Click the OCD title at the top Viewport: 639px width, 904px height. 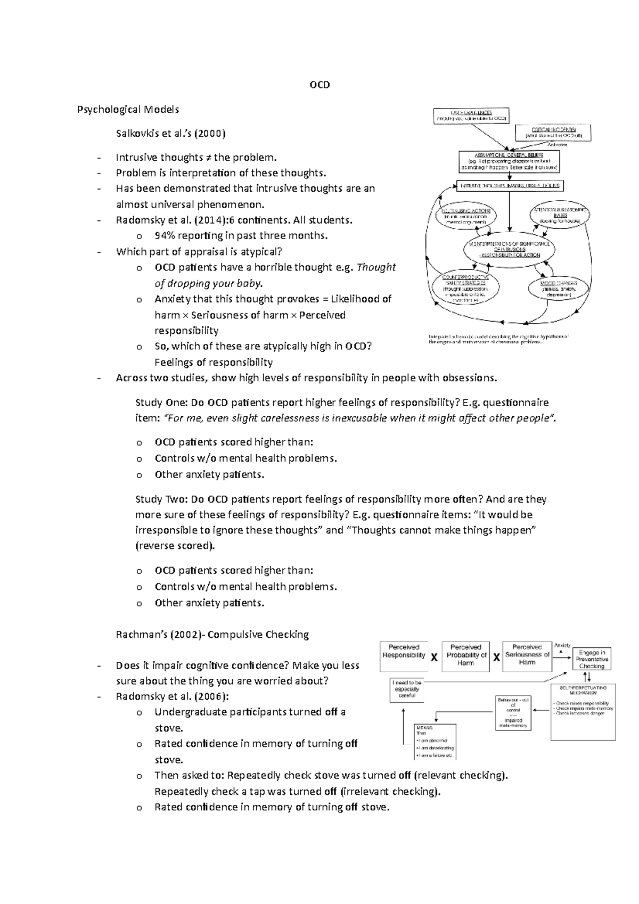click(319, 85)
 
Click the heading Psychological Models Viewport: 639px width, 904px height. click(128, 110)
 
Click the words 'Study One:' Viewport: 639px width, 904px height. click(156, 402)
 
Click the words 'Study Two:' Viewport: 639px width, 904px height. click(156, 499)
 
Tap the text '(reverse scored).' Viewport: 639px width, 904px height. click(176, 546)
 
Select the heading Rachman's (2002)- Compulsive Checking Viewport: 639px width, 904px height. click(212, 635)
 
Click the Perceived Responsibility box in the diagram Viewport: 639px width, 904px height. click(404, 654)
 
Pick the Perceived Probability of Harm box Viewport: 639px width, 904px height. click(466, 654)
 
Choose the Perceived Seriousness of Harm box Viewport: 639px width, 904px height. click(527, 654)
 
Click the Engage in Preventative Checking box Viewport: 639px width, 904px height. click(592, 659)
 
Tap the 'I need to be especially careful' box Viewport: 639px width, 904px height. click(407, 689)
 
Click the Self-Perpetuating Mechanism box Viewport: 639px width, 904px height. click(583, 711)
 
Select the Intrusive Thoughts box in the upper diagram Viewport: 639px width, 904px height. click(509, 186)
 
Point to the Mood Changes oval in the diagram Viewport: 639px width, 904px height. click(559, 287)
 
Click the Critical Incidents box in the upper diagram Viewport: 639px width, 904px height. click(553, 132)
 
